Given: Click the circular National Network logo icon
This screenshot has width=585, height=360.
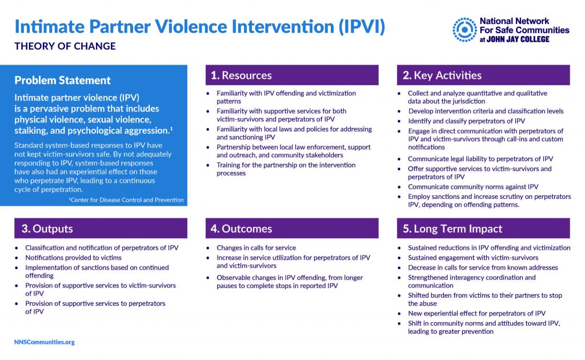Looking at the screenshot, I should (x=465, y=30).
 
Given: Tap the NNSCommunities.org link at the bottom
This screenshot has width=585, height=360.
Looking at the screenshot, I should (x=44, y=342).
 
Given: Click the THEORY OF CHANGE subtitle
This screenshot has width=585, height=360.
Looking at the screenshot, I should (x=65, y=46).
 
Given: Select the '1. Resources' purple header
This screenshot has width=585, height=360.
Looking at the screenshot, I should (x=291, y=75).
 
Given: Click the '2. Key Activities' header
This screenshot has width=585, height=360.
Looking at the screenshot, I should (x=483, y=75).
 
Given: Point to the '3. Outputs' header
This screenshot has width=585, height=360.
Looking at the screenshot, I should (x=100, y=229).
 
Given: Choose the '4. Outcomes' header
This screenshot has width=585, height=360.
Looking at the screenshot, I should (x=291, y=229).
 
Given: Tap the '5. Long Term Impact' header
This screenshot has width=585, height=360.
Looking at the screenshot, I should (x=483, y=229).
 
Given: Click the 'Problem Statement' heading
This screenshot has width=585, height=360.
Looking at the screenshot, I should (x=62, y=81).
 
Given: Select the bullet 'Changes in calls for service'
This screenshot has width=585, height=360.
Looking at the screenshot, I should (x=256, y=248).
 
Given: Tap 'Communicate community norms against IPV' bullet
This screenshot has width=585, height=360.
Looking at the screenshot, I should (x=473, y=187).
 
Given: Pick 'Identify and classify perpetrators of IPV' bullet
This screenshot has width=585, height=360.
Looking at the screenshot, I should (x=466, y=121).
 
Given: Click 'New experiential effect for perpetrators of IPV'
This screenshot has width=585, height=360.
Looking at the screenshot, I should (x=476, y=313).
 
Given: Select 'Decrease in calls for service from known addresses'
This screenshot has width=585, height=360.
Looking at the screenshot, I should (x=483, y=267).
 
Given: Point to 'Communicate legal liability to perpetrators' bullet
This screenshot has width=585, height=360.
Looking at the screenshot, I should (x=480, y=159).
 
